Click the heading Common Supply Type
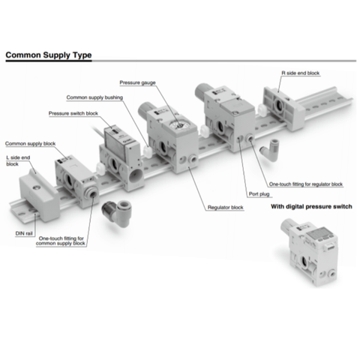[49, 55]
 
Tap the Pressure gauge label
[137, 82]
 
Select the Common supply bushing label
[94, 97]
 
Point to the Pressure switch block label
[73, 113]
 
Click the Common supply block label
[30, 143]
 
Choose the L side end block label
[18, 160]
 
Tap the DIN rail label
[24, 233]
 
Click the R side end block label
[301, 73]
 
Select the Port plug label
[259, 194]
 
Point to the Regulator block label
[225, 207]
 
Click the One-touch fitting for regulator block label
[306, 184]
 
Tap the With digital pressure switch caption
[311, 206]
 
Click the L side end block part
[36, 195]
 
